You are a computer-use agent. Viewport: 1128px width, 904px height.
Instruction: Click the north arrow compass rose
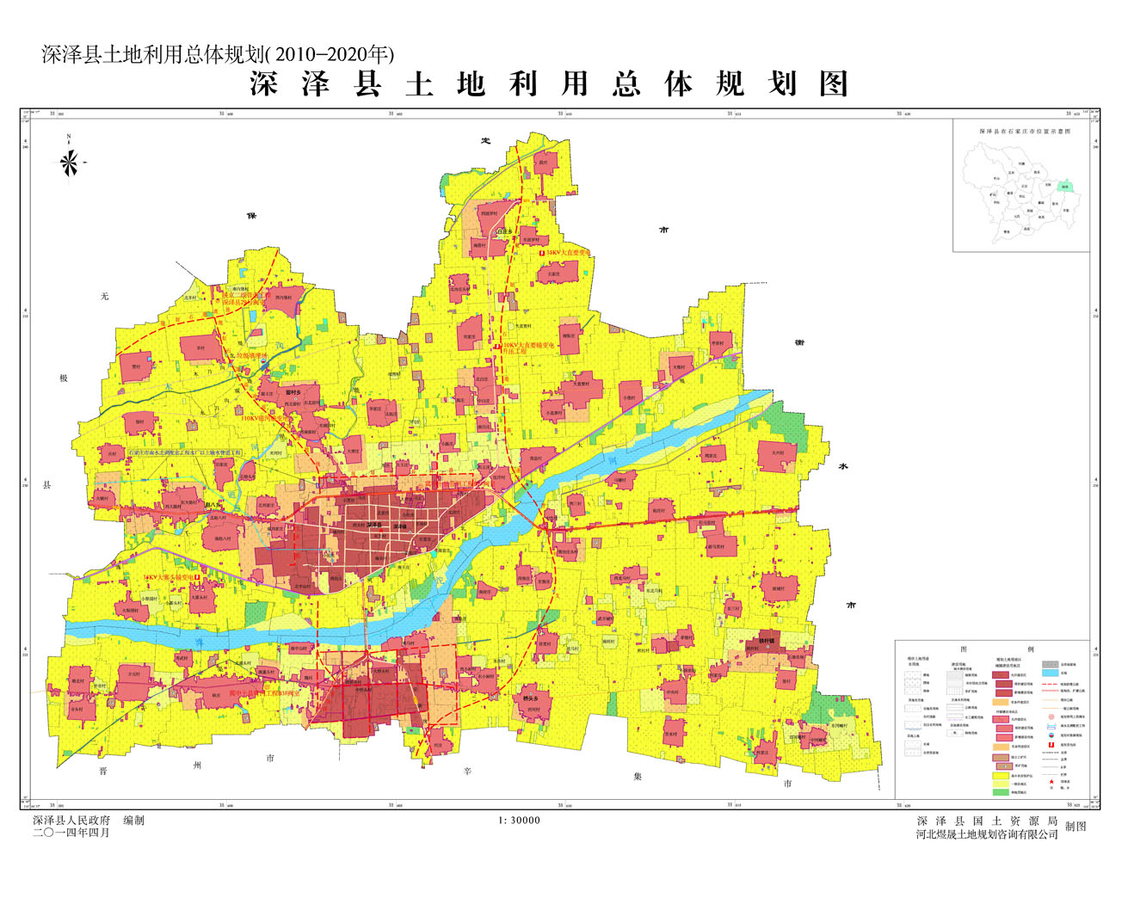coord(70,160)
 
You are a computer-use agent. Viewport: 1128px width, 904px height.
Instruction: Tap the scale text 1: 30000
coord(520,821)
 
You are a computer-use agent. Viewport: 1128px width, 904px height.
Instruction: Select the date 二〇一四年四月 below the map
coord(71,833)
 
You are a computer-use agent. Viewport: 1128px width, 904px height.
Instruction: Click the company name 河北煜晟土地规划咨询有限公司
coord(987,835)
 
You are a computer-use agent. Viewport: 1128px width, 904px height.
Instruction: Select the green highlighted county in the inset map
coord(1065,186)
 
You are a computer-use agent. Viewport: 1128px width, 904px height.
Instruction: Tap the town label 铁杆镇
coord(766,641)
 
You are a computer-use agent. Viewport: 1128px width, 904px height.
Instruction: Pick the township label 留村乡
coord(293,391)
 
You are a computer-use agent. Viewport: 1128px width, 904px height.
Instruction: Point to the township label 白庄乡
coord(503,231)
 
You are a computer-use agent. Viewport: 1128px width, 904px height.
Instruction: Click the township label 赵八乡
coord(213,506)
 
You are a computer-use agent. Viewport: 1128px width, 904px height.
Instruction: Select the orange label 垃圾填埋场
coord(252,355)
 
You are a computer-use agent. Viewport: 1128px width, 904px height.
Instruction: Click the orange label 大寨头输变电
coord(170,578)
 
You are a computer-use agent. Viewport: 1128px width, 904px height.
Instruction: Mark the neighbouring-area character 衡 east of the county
coord(799,342)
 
